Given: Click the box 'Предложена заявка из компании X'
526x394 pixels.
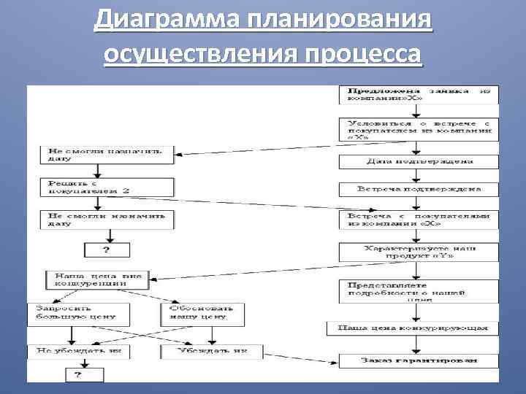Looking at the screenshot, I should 418,95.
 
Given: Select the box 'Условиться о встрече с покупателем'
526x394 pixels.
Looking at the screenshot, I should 418,129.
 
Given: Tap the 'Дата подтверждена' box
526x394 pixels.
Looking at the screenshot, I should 418,161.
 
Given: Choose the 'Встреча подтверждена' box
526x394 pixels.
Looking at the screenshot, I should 418,189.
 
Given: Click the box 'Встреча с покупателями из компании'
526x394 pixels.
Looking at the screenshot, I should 418,220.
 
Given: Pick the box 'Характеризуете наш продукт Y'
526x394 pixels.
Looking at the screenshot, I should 418,252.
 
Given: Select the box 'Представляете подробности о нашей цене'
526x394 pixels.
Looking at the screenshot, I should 418,291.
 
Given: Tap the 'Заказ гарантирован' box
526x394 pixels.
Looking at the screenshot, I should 418,360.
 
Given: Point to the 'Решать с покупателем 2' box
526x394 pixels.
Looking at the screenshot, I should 107,187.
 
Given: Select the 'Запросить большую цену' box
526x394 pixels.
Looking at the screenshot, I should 79,314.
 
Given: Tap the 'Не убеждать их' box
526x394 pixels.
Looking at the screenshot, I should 79,352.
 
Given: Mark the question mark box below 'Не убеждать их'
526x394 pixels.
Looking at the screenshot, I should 85,375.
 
